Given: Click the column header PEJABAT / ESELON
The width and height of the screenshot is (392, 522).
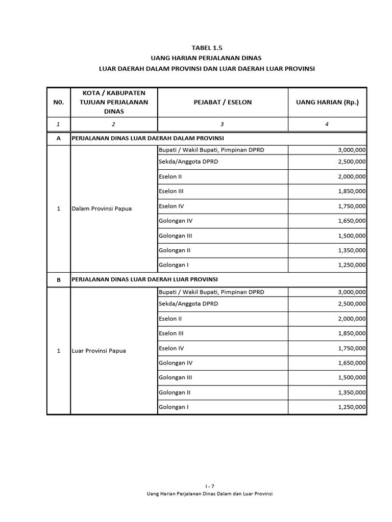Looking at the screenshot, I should (223, 102).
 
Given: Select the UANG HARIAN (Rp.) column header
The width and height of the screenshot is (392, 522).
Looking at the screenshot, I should (327, 102).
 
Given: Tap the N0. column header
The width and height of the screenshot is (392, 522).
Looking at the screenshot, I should (58, 102).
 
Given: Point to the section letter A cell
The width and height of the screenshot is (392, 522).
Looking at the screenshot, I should (58, 139).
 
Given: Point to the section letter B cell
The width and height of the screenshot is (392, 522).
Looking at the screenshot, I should (58, 280).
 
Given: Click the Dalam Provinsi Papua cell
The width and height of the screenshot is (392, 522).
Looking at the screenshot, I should (102, 208).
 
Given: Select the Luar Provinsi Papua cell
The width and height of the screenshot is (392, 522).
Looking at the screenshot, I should (99, 351).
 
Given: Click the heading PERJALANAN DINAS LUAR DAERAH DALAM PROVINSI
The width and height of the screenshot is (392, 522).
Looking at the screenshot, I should (148, 138).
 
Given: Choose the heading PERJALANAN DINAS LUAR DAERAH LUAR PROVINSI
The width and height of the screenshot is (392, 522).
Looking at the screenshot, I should (144, 279).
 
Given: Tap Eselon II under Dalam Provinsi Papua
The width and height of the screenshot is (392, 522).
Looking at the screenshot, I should (170, 177).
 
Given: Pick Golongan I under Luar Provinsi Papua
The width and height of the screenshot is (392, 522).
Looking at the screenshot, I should (174, 407).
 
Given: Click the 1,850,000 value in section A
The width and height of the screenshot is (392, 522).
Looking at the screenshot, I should (352, 191).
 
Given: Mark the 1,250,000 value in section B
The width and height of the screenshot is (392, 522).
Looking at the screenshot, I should (352, 407).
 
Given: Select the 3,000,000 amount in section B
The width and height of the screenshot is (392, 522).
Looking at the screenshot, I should (352, 292).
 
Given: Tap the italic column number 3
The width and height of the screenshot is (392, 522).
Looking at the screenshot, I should (222, 124).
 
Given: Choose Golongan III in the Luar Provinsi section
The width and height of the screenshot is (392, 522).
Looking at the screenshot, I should (175, 378).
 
